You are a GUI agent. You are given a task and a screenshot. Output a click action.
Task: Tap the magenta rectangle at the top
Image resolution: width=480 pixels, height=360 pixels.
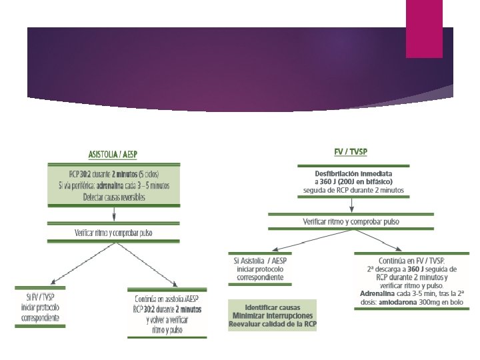pyautogui.click(x=424, y=28)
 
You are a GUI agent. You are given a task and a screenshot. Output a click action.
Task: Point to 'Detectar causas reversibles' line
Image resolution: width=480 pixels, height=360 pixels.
pyautogui.click(x=113, y=198)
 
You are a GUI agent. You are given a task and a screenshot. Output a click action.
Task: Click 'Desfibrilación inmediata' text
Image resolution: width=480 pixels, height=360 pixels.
pyautogui.click(x=353, y=173)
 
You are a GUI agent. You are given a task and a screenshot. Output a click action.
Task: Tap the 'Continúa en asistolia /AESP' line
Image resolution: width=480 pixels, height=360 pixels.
pyautogui.click(x=168, y=298)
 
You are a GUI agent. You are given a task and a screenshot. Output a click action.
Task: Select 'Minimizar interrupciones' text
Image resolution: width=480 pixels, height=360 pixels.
pyautogui.click(x=273, y=315)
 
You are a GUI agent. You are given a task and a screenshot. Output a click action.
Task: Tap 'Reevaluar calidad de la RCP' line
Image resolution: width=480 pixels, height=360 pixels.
pyautogui.click(x=273, y=323)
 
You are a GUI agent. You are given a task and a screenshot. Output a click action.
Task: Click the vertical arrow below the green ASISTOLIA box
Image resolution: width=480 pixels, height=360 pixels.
pyautogui.click(x=115, y=213)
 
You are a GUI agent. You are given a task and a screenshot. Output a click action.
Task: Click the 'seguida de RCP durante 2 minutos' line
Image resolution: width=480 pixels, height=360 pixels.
pyautogui.click(x=353, y=189)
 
